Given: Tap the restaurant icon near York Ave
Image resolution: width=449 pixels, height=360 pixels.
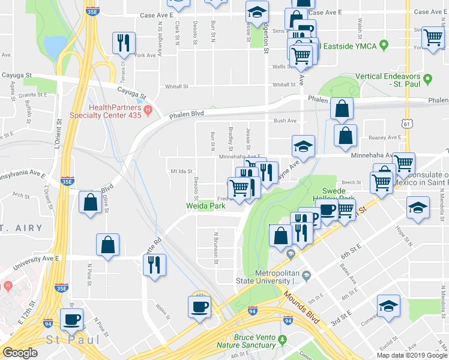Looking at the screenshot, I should click(124, 43).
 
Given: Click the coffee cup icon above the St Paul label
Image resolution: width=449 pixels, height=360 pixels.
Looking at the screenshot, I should click(72, 319).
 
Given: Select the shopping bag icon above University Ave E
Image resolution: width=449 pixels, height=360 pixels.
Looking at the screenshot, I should click(108, 244).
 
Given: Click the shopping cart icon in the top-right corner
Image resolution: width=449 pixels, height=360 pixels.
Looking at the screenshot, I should click(432, 37).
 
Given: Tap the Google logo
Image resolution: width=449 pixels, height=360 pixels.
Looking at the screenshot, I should click(20, 353).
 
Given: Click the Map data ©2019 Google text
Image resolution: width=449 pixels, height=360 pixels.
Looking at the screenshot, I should click(412, 355).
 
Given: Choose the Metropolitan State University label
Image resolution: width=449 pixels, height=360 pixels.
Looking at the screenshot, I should click(277, 277).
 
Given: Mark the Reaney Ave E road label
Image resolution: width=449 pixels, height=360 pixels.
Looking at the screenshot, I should click(385, 137).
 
